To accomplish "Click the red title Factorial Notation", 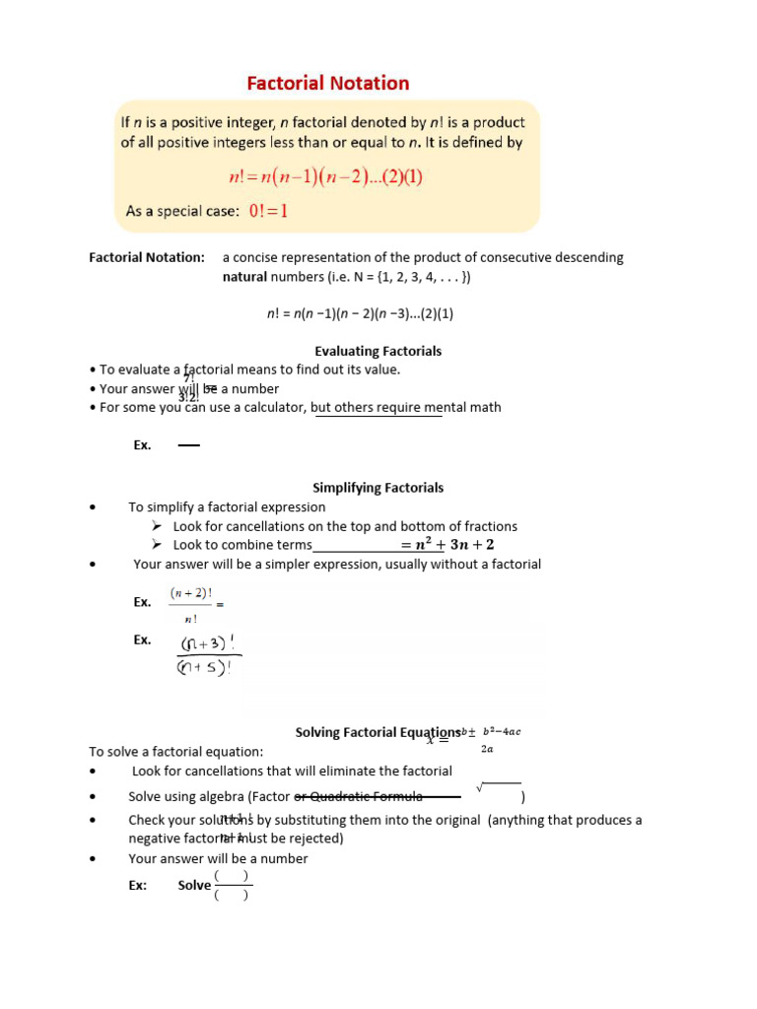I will coord(327,84).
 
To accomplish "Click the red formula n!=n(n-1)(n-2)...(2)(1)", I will coord(325,177).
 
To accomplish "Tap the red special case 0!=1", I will coord(268,211).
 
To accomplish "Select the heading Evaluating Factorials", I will coord(378,351).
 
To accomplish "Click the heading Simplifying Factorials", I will coord(378,488).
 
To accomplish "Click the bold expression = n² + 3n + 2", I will coord(447,545).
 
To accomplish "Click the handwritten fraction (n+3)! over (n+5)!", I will coord(208,655).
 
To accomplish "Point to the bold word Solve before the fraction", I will coord(194,885).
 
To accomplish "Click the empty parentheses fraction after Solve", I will coord(232,885).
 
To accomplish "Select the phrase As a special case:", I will coord(182,211).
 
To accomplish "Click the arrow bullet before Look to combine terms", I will coord(156,545).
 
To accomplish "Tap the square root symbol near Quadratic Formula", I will coord(481,787).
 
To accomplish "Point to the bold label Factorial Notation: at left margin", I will coord(147,257).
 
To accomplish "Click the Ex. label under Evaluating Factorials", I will coord(143,445).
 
